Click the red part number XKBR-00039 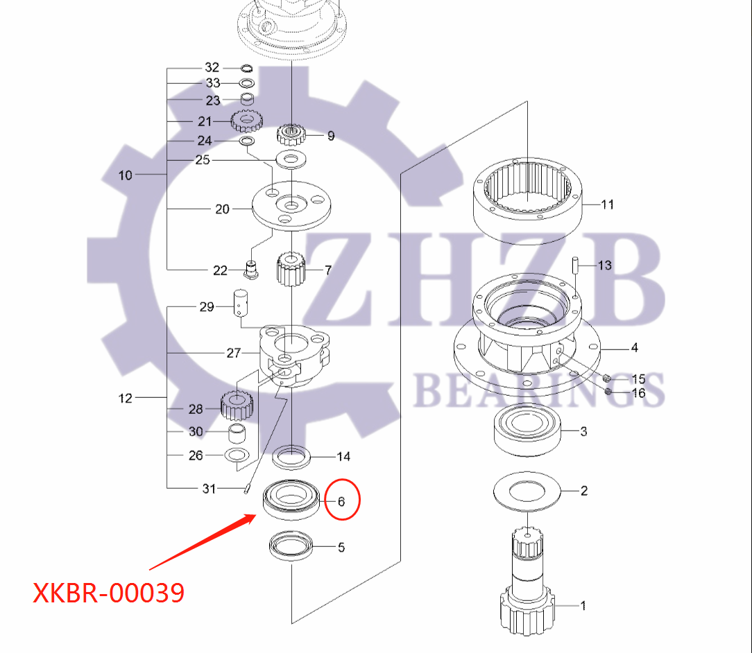point(109,593)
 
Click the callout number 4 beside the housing point(634,348)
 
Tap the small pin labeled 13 point(575,265)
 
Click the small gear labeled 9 point(291,133)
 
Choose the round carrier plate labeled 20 point(291,207)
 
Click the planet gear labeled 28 point(235,406)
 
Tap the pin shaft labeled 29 point(240,303)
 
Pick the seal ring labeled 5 point(291,546)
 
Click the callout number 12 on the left point(126,398)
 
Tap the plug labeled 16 point(608,392)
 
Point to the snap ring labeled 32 point(246,68)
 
